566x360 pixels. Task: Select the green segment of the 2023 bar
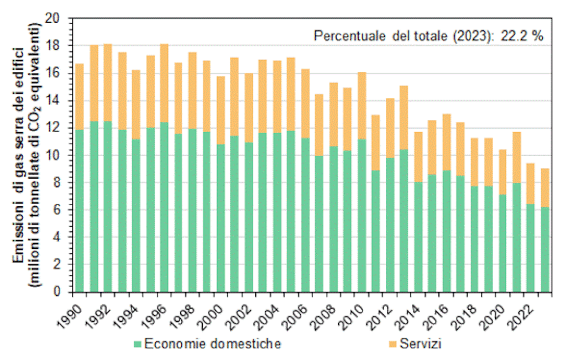point(545,249)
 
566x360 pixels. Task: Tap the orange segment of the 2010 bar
point(361,106)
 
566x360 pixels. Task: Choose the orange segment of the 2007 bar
point(319,125)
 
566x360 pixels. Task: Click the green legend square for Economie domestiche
point(138,345)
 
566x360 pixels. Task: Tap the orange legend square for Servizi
point(393,345)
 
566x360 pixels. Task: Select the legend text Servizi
point(421,345)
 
